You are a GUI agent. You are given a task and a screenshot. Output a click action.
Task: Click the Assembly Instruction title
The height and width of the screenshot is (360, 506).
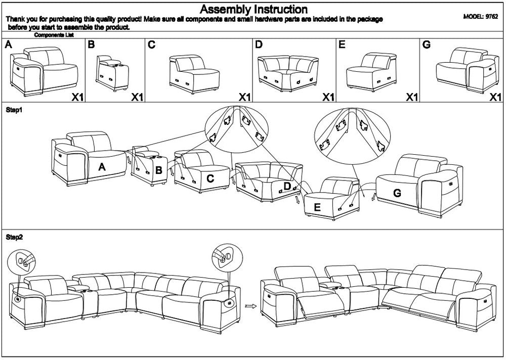[x=253, y=9]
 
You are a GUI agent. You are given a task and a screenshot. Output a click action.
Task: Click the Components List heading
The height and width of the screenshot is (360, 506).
[x=54, y=35]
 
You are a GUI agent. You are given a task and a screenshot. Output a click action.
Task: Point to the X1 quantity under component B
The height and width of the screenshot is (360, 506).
[x=137, y=97]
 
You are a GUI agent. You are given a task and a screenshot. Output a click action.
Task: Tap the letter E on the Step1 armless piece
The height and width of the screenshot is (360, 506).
[x=317, y=206]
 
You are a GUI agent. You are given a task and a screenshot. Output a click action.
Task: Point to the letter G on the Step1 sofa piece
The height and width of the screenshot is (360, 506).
[x=397, y=193]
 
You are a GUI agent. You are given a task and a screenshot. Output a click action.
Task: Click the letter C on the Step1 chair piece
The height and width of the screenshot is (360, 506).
[x=210, y=178]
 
